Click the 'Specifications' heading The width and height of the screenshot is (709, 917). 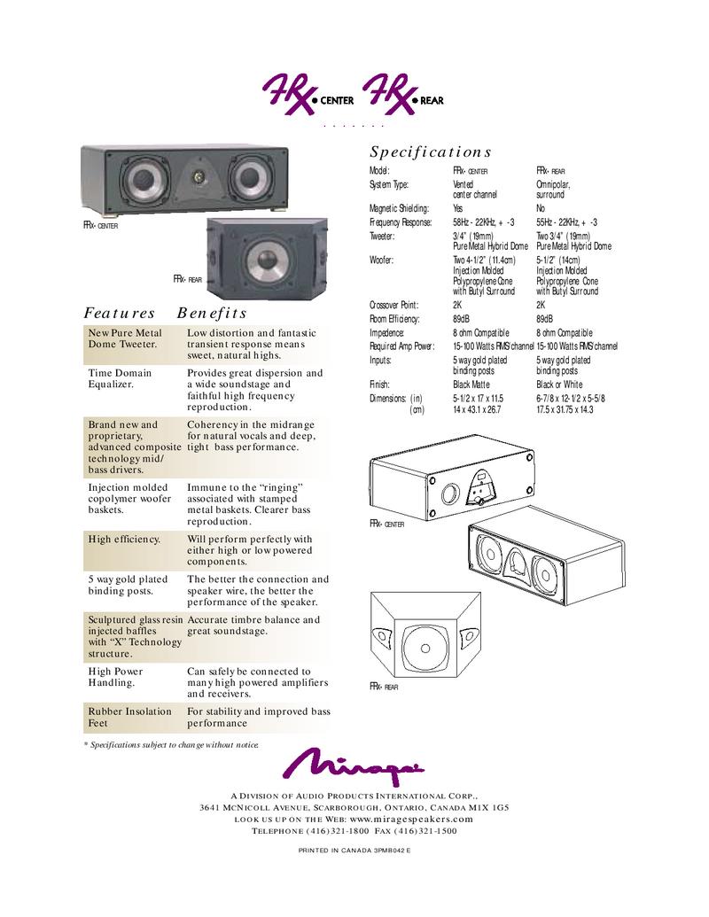coord(430,152)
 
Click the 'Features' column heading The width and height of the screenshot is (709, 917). coord(120,313)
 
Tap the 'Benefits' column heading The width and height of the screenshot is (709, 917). coord(212,313)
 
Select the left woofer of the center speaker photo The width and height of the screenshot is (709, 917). coord(140,179)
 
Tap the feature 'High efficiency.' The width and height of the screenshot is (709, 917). coord(124,539)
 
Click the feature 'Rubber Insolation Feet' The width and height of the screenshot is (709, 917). coord(130,717)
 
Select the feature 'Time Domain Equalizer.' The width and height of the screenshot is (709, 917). coord(120,379)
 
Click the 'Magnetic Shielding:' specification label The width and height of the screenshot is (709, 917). coord(399,208)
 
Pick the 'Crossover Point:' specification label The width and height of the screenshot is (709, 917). coord(394,305)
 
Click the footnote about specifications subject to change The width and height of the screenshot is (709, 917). coord(172,744)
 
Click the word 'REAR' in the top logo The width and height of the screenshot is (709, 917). coord(432,100)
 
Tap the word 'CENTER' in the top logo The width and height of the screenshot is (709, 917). coord(336,100)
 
